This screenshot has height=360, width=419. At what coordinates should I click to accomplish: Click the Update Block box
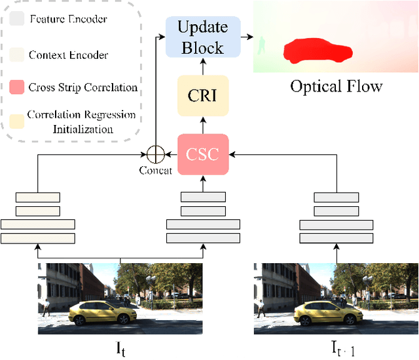pyautogui.click(x=202, y=38)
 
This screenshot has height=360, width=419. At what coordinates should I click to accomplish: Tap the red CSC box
pyautogui.click(x=202, y=154)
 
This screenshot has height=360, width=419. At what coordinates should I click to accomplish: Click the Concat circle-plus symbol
pyautogui.click(x=155, y=154)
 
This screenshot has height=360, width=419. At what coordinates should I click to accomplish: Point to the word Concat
pyautogui.click(x=155, y=171)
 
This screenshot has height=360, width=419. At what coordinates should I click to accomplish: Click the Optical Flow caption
pyautogui.click(x=336, y=86)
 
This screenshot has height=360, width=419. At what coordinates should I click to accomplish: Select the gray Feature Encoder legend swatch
pyautogui.click(x=18, y=18)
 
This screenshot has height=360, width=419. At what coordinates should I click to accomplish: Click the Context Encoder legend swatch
pyautogui.click(x=18, y=54)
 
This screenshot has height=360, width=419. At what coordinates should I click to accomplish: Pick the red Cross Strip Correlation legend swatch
pyautogui.click(x=18, y=87)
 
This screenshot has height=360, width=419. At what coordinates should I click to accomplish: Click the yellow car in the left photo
pyautogui.click(x=100, y=313)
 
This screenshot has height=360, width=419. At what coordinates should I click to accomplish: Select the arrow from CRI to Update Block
pyautogui.click(x=202, y=68)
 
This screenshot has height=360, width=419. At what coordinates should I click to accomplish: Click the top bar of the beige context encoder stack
pyautogui.click(x=38, y=197)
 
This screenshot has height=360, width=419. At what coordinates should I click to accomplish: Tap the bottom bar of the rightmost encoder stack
pyautogui.click(x=336, y=238)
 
